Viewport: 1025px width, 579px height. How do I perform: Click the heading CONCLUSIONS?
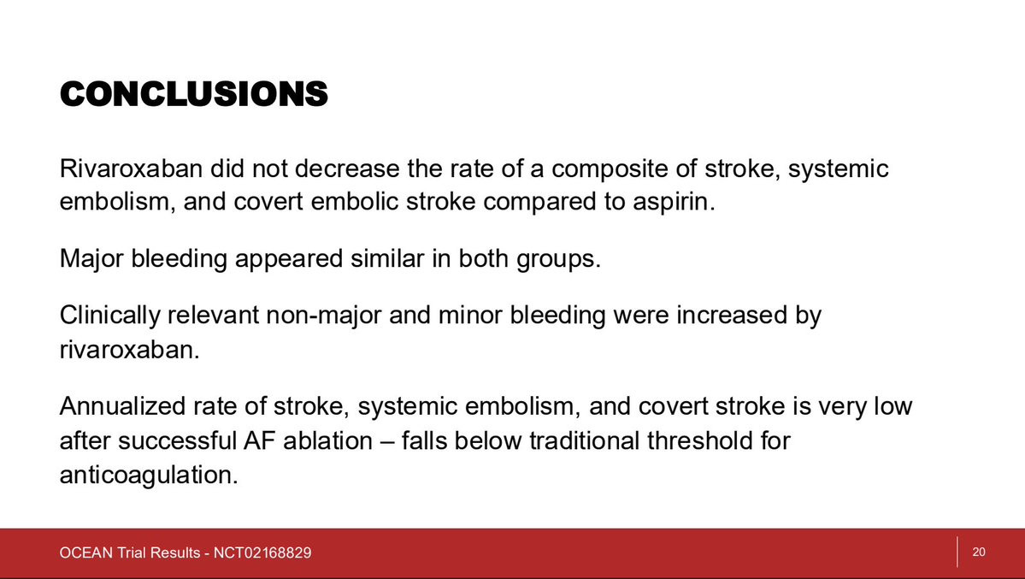pyautogui.click(x=193, y=94)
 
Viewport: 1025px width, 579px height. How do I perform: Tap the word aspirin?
pyautogui.click(x=674, y=202)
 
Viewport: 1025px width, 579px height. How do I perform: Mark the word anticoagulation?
pyautogui.click(x=149, y=476)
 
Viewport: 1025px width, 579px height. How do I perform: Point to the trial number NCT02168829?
pyautogui.click(x=262, y=552)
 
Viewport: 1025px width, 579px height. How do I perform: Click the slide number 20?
pyautogui.click(x=979, y=552)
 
